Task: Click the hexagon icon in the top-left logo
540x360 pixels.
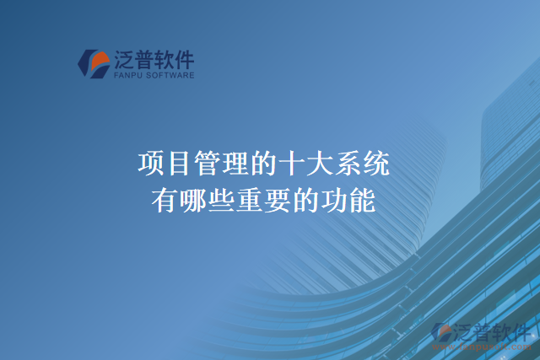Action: pyautogui.click(x=94, y=63)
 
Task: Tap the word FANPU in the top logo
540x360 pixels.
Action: pyautogui.click(x=124, y=75)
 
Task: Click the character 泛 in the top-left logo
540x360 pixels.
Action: pyautogui.click(x=123, y=59)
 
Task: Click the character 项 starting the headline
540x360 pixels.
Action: pyautogui.click(x=151, y=163)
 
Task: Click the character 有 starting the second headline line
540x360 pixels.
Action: pyautogui.click(x=166, y=201)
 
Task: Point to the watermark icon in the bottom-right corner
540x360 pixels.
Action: pyautogui.click(x=442, y=332)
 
